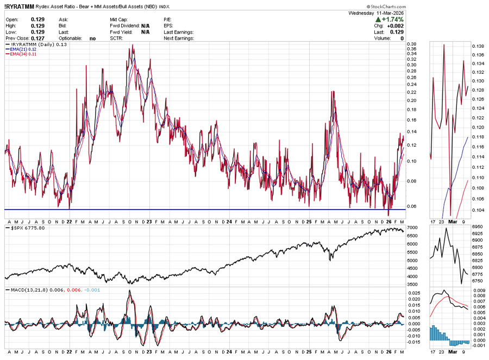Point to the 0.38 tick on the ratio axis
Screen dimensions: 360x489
(x=413, y=44)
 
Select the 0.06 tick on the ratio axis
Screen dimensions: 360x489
(x=413, y=206)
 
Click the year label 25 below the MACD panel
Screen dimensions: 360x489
(x=308, y=355)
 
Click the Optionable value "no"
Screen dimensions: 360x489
(x=92, y=39)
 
